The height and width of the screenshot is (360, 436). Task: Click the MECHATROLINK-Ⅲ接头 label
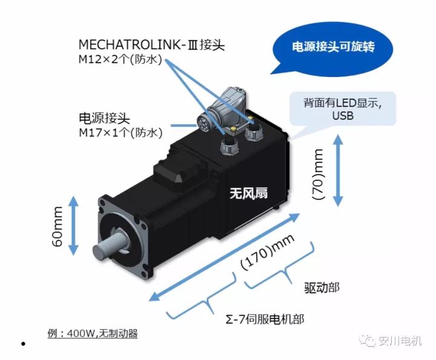click(151, 45)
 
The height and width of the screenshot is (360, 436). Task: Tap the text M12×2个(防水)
click(120, 59)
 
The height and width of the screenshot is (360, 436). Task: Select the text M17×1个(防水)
click(121, 133)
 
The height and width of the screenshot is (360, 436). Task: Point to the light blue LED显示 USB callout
click(343, 108)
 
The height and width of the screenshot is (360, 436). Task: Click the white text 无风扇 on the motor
click(248, 193)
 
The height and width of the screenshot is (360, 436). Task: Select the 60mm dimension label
click(58, 226)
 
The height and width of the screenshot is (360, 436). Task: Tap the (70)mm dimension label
click(318, 175)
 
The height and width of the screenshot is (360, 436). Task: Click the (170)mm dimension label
click(267, 252)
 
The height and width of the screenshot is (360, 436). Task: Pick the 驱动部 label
click(322, 288)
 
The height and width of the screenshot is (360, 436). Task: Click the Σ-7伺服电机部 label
click(265, 319)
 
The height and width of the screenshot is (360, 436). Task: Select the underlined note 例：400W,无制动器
click(93, 333)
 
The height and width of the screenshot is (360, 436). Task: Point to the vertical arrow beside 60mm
click(73, 225)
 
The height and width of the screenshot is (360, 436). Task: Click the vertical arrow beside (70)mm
click(338, 170)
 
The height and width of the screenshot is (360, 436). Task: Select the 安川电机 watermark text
click(400, 341)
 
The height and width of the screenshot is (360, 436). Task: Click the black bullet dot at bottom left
click(24, 344)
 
